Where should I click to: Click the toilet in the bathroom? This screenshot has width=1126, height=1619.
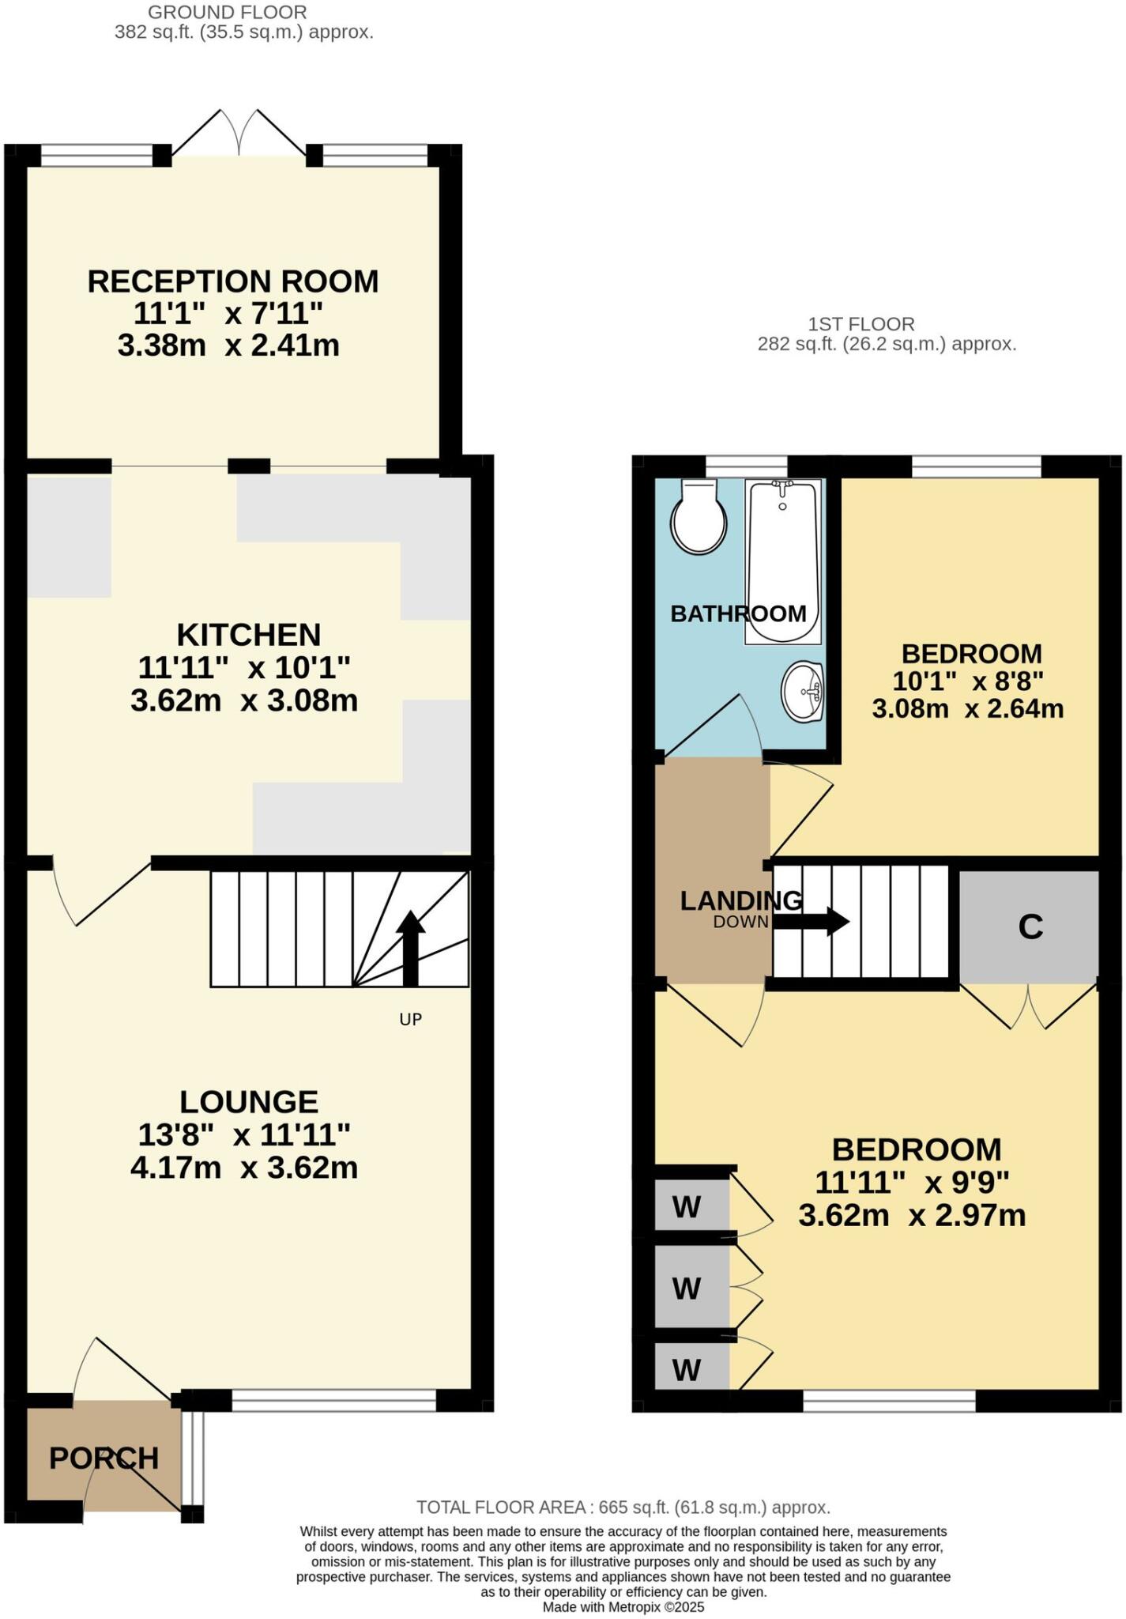tap(699, 519)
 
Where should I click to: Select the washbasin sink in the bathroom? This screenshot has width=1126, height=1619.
tap(803, 692)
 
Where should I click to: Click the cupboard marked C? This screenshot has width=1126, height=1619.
tap(1030, 926)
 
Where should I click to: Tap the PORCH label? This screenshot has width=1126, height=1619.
tap(104, 1458)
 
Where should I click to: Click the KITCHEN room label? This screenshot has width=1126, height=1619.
tap(248, 635)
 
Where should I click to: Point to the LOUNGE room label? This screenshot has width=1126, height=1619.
tap(248, 1101)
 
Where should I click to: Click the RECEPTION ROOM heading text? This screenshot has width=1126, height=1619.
tap(232, 281)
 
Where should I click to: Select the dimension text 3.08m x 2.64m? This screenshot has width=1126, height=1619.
tap(967, 708)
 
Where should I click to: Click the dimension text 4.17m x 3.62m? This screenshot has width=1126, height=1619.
tap(243, 1168)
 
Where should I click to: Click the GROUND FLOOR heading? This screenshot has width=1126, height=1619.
tap(228, 13)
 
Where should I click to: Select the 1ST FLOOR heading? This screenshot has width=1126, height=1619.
tap(861, 324)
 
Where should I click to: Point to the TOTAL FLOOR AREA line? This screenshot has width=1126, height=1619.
tap(623, 1507)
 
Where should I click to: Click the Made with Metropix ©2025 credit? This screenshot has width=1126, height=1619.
tap(623, 1606)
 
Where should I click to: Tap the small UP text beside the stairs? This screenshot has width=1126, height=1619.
tap(410, 1020)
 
